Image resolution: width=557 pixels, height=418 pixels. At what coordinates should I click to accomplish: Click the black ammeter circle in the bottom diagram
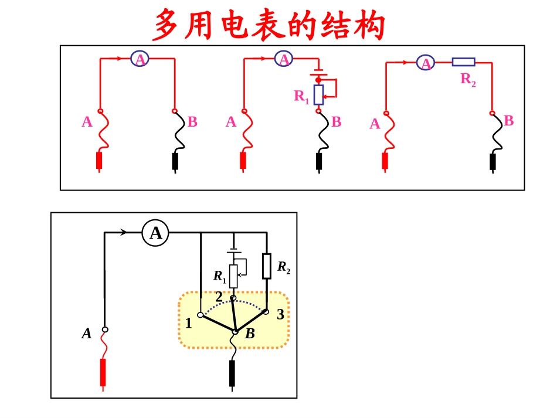pos(155,233)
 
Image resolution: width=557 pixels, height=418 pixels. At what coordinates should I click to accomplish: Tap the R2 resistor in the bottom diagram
pos(267,266)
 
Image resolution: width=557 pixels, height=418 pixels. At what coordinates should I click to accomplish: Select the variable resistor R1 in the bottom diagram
pos(233,276)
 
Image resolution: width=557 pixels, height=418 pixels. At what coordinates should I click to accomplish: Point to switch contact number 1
pos(200,315)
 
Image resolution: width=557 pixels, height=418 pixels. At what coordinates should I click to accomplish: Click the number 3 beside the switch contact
pos(280,315)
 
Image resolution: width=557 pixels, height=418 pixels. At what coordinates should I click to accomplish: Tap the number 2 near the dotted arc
pos(219,297)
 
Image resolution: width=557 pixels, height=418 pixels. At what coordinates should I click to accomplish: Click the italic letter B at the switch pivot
pos(250,334)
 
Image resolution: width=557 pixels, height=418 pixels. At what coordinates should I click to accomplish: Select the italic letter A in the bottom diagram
pos(87,334)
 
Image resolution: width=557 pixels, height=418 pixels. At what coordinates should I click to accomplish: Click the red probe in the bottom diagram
pos(103,372)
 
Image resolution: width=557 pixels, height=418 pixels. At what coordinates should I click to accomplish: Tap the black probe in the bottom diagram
pos(232,373)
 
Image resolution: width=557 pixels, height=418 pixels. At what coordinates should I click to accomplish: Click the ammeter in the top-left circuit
pos(140,59)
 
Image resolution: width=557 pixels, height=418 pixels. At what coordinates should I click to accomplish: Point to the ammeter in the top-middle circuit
pos(284,59)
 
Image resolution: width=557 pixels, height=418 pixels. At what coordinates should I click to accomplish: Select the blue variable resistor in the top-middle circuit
pos(319,94)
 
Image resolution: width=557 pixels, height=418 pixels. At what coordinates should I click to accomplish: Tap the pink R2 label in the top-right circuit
pos(468,79)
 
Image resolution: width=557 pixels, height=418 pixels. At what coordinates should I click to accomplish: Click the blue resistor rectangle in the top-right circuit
pos(463,62)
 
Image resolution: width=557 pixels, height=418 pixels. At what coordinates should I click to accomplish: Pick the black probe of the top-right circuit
pos(493,161)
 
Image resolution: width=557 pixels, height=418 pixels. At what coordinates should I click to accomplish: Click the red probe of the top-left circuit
pos(99,161)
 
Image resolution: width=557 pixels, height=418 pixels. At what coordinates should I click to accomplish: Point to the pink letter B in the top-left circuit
pos(192,122)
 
